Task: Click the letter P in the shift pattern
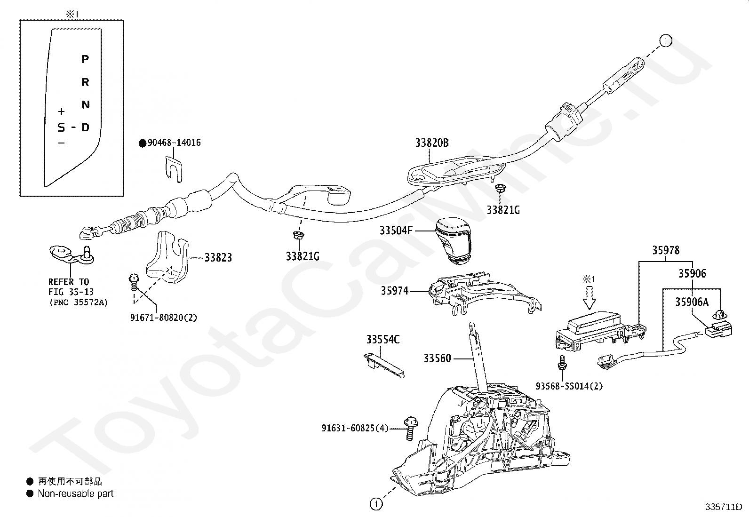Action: click(85, 59)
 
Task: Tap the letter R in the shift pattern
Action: click(85, 82)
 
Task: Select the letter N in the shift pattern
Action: click(86, 105)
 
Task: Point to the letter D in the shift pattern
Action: click(86, 127)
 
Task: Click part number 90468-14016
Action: click(174, 143)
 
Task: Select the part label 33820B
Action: click(432, 143)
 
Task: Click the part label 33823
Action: click(218, 257)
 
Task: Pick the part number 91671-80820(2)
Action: click(164, 318)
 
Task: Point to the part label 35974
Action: click(395, 291)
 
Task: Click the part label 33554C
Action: click(383, 340)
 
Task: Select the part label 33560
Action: click(438, 358)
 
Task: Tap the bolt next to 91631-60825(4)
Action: click(411, 428)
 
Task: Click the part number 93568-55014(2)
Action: click(569, 386)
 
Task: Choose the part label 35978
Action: click(666, 250)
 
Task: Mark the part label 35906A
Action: click(692, 302)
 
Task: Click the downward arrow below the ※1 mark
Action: click(589, 298)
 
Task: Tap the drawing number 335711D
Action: click(724, 507)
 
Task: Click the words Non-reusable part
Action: click(76, 493)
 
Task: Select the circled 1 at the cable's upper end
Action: click(665, 41)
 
